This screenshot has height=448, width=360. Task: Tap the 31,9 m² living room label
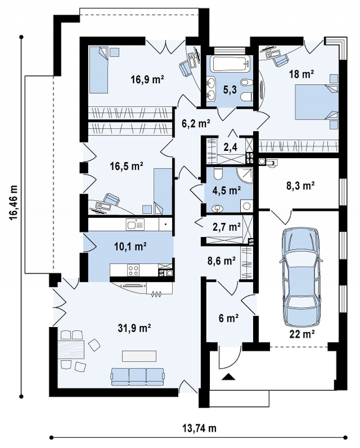pos(134,328)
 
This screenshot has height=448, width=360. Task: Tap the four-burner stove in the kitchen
pos(134,270)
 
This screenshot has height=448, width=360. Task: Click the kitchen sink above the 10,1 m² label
pos(135,224)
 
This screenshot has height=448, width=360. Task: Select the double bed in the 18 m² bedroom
pos(317,102)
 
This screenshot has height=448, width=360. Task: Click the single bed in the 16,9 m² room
pos(99,70)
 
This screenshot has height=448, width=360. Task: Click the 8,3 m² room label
pos(301,186)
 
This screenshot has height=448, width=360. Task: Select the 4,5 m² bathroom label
pos(226,191)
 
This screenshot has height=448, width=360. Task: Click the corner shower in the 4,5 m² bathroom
pos(245,175)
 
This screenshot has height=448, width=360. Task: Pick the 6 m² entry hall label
pos(228,318)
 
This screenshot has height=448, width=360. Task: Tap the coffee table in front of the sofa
pos(139,356)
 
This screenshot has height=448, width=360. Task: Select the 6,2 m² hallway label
pos(196,124)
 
